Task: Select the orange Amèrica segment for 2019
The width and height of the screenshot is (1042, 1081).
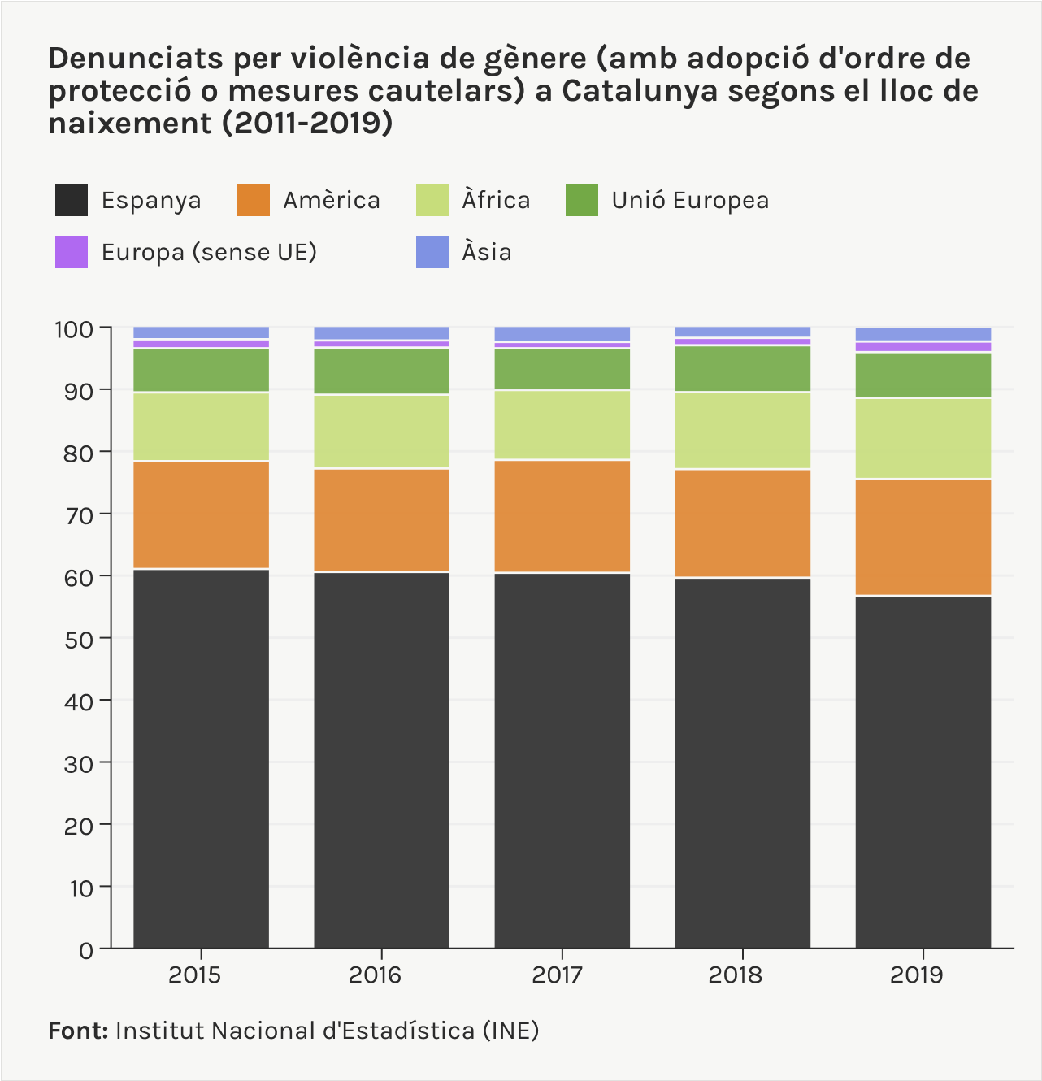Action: (x=923, y=537)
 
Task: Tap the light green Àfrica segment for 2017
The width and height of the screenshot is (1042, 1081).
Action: (x=562, y=425)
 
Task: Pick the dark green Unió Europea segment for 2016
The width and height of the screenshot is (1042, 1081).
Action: (x=381, y=371)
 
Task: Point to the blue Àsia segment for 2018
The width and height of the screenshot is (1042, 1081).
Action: (x=742, y=332)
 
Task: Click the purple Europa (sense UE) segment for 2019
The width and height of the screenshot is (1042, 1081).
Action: (x=923, y=347)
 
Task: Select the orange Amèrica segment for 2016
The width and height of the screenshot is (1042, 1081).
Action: (x=381, y=520)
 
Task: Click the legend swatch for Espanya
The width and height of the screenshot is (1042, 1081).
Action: (x=72, y=200)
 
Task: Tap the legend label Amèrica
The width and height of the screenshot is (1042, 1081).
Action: (x=331, y=200)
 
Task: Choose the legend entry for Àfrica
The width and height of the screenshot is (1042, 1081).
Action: (x=495, y=200)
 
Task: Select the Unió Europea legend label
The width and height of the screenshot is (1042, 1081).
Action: (x=690, y=200)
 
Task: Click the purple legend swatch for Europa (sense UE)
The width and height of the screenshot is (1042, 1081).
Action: (x=72, y=252)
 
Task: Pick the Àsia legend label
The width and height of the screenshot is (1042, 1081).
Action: (x=487, y=252)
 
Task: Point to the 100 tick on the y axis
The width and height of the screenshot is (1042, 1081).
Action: (x=74, y=329)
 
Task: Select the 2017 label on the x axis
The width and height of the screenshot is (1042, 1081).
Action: (x=557, y=975)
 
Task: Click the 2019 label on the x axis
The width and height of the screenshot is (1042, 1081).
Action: (x=917, y=975)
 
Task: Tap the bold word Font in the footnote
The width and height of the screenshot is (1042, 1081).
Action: (x=78, y=1031)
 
